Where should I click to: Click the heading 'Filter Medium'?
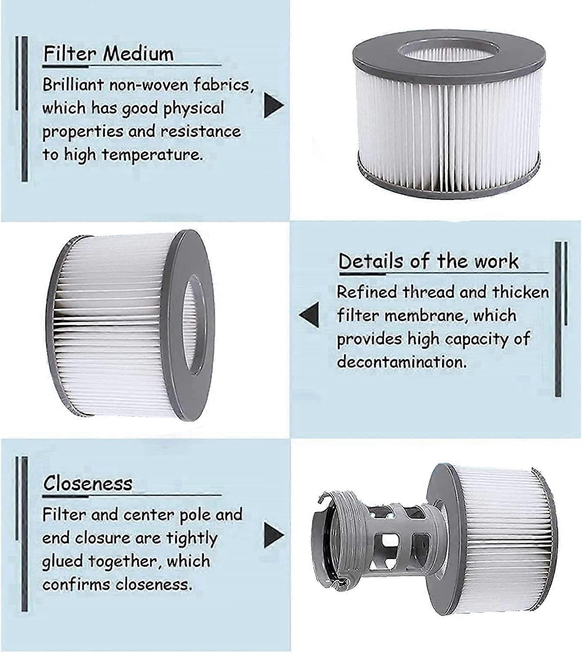click(x=108, y=54)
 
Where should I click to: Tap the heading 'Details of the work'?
click(x=428, y=261)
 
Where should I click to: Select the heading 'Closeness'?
click(x=88, y=483)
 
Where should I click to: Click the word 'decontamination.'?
click(x=401, y=362)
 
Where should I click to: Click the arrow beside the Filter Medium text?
click(x=274, y=106)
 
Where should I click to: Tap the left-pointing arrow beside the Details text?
click(x=309, y=315)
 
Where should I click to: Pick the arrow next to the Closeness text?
click(x=274, y=535)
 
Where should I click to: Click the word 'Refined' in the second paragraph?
click(x=367, y=292)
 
